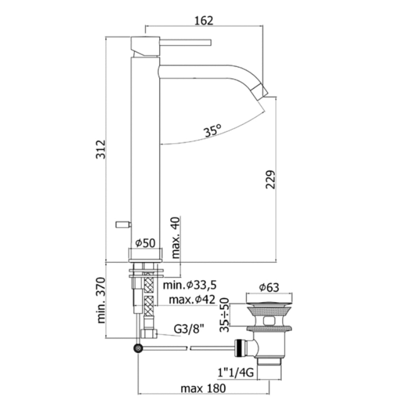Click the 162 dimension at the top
click(x=203, y=21)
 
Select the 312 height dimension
click(x=101, y=149)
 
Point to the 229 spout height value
click(x=271, y=179)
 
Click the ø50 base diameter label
click(x=145, y=243)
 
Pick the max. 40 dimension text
click(x=176, y=238)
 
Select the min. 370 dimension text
click(x=101, y=300)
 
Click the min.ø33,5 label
click(x=190, y=285)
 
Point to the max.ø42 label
click(x=192, y=299)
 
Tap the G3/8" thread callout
click(x=189, y=329)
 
